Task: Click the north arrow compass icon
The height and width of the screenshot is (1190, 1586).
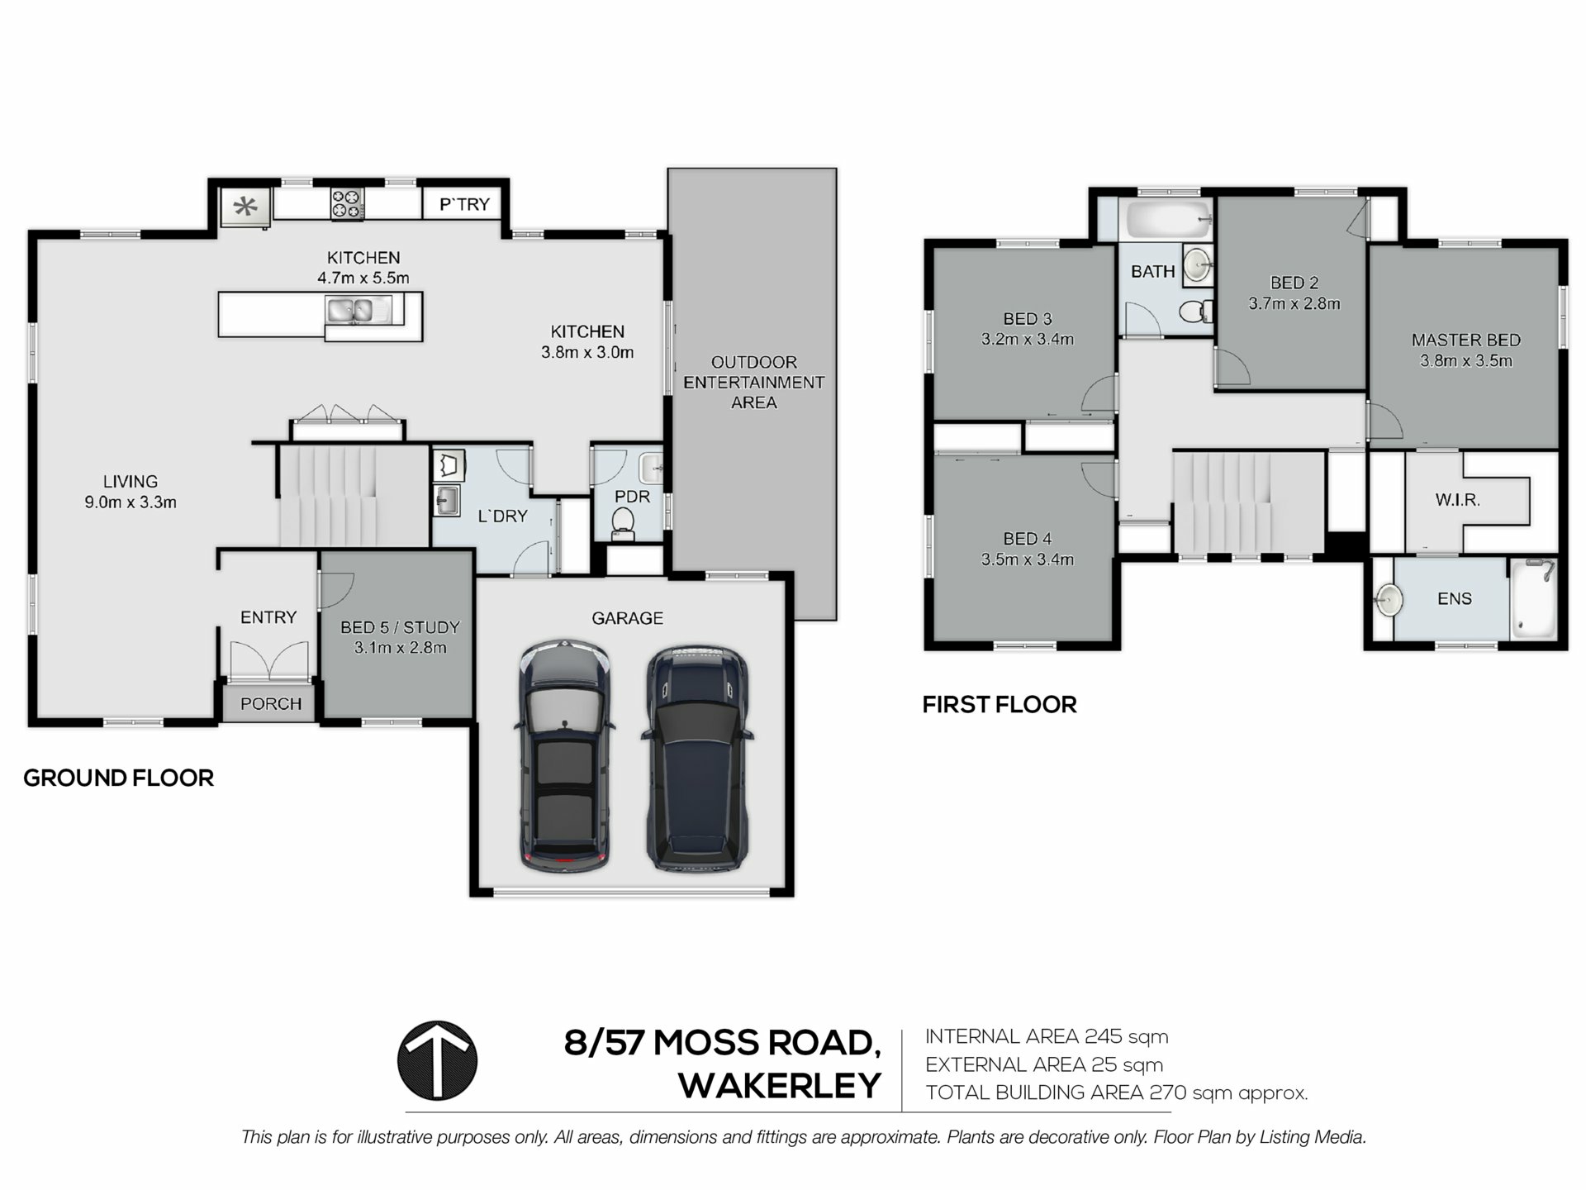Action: point(437,1060)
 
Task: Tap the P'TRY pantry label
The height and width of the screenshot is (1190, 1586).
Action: point(464,204)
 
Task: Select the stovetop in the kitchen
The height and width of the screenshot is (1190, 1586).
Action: point(347,204)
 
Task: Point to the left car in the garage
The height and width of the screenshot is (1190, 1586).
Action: point(565,755)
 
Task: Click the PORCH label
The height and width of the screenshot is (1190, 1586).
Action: point(271,704)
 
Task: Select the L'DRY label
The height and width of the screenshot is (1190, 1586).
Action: point(502,516)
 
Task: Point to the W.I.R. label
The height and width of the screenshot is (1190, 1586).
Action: point(1457,500)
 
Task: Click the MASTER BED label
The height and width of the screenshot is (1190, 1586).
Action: point(1465,340)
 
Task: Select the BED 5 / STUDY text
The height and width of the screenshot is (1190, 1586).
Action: point(400,627)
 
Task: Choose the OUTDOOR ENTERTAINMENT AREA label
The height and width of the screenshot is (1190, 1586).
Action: point(753,383)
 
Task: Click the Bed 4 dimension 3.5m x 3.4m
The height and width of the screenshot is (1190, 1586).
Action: point(1027,559)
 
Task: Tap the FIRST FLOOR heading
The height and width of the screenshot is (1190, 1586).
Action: point(1000,705)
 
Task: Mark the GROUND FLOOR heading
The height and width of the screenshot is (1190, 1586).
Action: point(118,778)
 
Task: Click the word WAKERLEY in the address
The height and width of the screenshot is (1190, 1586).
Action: point(780,1086)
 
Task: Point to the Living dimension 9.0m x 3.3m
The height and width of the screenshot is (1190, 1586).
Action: point(131,502)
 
